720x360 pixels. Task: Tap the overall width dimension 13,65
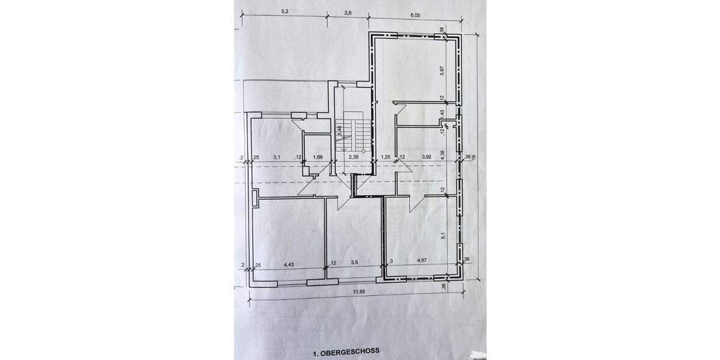coord(359,292)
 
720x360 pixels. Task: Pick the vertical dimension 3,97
coord(442,70)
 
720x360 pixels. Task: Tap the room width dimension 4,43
coord(288,263)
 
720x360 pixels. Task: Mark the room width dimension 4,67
coord(424,261)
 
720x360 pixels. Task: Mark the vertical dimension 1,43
coord(442,113)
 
